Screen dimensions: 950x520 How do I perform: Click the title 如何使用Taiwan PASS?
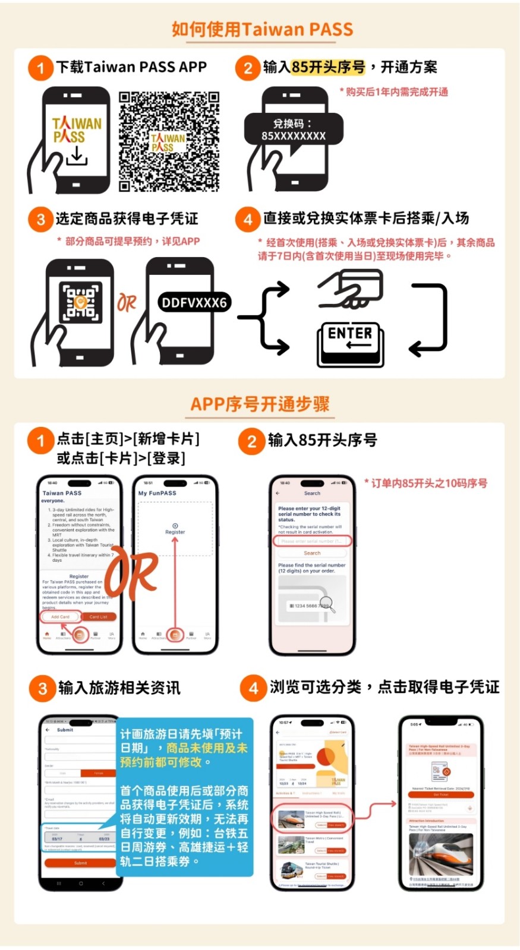(x=262, y=29)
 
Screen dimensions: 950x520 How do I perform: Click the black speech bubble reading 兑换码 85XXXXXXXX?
(x=294, y=129)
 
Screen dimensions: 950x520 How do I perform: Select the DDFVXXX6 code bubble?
(x=194, y=303)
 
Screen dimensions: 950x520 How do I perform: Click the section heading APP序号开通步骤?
(x=260, y=404)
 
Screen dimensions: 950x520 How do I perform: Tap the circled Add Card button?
(x=60, y=617)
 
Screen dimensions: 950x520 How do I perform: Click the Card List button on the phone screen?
(x=99, y=617)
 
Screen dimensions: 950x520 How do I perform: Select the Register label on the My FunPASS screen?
(x=175, y=532)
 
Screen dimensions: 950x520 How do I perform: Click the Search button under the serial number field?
(x=312, y=553)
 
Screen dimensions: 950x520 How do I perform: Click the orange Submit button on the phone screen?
(x=80, y=863)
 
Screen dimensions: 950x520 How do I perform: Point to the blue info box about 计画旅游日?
(x=184, y=796)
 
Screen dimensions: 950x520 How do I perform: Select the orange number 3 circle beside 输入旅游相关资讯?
(x=42, y=689)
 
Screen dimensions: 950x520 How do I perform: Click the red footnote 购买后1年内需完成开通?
(x=394, y=92)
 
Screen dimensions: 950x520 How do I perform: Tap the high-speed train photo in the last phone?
(x=440, y=854)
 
